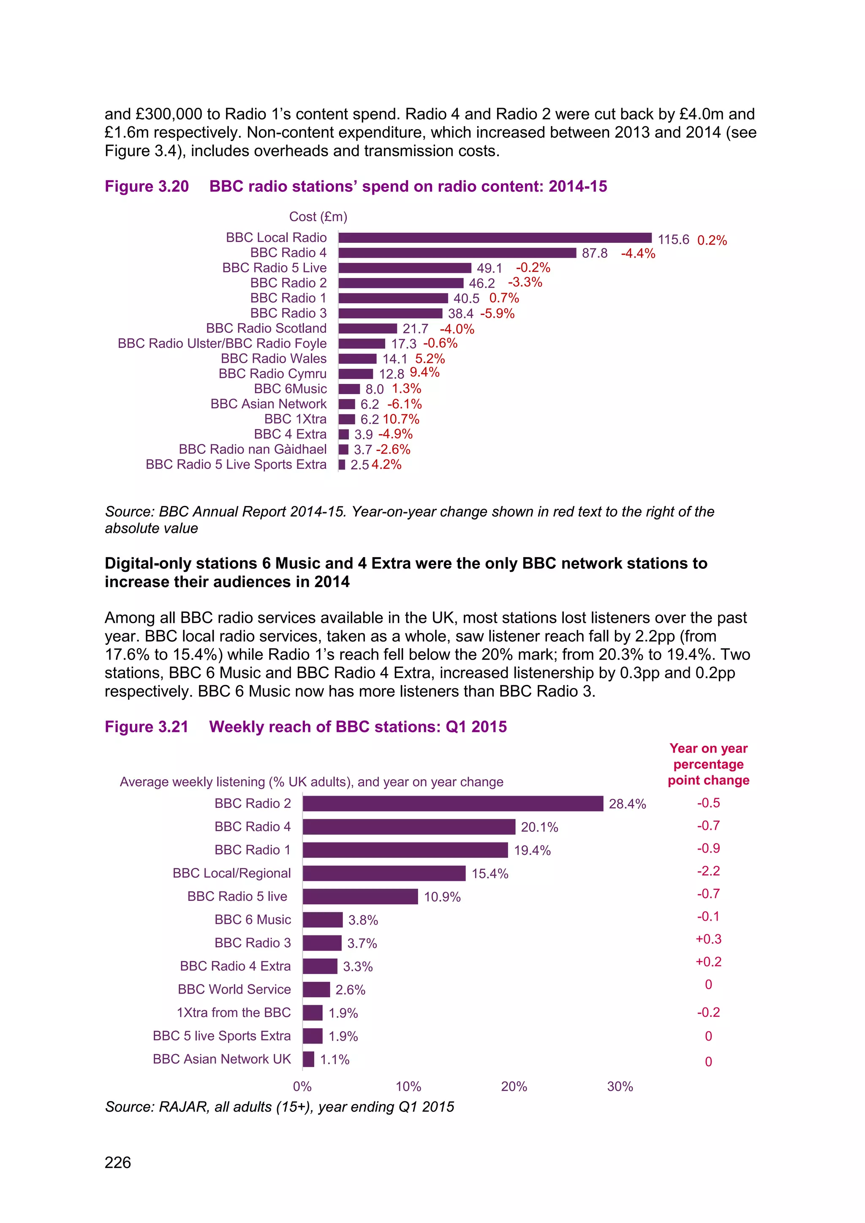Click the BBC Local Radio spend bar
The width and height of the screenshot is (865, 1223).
click(495, 238)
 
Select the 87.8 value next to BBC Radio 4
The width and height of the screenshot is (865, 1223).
click(594, 253)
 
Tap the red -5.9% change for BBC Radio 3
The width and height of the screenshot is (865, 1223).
click(497, 314)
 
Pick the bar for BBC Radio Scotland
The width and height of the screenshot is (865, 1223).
click(367, 329)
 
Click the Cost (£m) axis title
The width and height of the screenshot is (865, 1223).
click(318, 217)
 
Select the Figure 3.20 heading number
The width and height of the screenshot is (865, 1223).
click(147, 186)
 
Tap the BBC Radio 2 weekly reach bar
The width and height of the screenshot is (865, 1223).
click(453, 803)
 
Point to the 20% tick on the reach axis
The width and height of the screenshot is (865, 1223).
click(514, 1087)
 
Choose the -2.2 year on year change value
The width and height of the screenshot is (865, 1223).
click(708, 871)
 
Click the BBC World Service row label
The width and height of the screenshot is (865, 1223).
click(234, 989)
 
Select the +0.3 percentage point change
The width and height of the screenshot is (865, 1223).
click(708, 939)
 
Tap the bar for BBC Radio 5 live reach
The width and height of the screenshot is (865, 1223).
click(360, 897)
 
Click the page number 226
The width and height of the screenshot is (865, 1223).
click(118, 1162)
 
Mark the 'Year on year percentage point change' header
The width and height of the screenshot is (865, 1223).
click(708, 764)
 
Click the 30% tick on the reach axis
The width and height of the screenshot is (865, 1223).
click(620, 1087)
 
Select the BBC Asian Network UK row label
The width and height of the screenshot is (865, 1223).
click(222, 1059)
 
